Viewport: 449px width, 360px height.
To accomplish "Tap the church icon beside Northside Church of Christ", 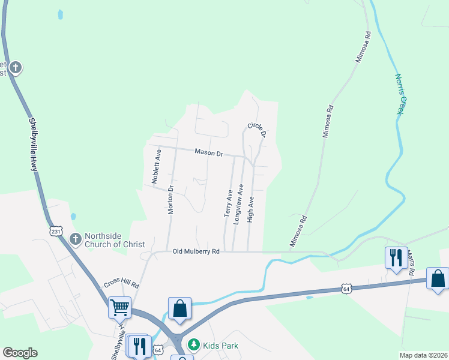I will tap(76, 239).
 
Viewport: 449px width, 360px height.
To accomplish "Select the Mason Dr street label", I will tap(208, 153).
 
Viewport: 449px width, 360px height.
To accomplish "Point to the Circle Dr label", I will tap(256, 130).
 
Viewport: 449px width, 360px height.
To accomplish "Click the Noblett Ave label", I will tap(156, 167).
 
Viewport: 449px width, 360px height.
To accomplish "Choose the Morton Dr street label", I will tap(170, 200).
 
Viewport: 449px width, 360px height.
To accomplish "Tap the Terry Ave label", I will tap(228, 203).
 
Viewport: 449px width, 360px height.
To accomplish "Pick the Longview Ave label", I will tap(238, 204).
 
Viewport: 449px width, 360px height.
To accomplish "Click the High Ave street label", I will tap(251, 209).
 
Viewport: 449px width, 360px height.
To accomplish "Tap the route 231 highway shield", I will tap(56, 231).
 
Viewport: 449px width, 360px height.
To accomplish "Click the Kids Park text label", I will tap(220, 345).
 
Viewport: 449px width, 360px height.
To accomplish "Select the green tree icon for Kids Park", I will tap(193, 344).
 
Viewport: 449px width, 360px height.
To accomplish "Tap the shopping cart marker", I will tap(119, 307).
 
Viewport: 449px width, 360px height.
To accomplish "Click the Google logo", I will tap(20, 353).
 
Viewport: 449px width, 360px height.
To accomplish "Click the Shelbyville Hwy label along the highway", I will tap(34, 143).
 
